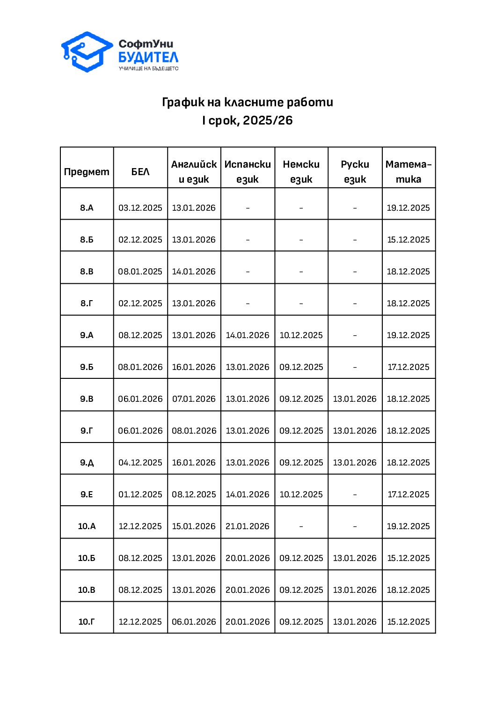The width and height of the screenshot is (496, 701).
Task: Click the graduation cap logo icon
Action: pos(87,52)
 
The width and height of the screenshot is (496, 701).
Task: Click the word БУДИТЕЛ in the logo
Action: pos(148,58)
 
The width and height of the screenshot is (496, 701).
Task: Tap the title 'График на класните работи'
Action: pos(248,102)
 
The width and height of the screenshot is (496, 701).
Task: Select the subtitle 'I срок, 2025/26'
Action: pos(248,120)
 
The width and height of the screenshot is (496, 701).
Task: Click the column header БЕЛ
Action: pos(140,172)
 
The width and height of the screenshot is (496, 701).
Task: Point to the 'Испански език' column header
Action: pos(248,171)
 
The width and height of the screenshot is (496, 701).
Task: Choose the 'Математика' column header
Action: pos(408,171)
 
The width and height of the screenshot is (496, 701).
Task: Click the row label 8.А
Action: pos(87,208)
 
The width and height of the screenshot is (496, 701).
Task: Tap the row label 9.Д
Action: pos(87,463)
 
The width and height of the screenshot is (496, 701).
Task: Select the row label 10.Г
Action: pos(87,622)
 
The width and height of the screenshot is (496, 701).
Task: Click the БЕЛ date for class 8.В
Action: pos(140,272)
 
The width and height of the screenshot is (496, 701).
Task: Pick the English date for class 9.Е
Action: pos(194,494)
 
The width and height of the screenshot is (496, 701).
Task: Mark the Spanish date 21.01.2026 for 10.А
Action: pos(248,526)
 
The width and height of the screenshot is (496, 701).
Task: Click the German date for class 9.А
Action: pos(301,335)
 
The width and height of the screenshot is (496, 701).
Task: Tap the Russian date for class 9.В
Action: pos(355,399)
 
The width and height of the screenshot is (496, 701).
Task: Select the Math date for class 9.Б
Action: pos(408,367)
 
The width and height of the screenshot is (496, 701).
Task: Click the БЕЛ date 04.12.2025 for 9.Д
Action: pos(140,463)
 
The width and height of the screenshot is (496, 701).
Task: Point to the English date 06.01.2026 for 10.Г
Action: pos(194,622)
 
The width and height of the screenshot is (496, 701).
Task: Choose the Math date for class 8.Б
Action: pos(408,240)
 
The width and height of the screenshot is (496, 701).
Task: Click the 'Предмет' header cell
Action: pos(87,172)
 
